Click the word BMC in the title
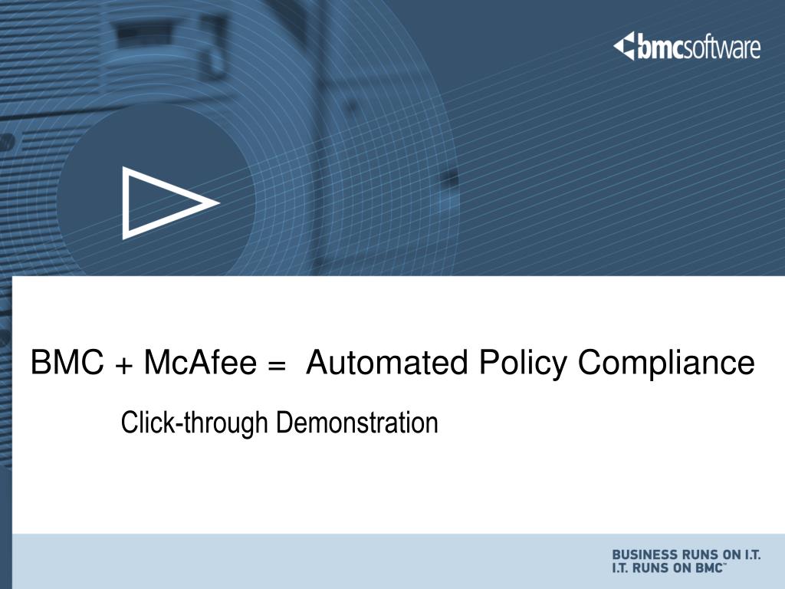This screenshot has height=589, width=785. click(67, 362)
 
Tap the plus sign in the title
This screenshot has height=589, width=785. click(123, 366)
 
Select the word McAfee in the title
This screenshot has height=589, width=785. click(200, 362)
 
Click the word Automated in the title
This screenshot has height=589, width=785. click(387, 362)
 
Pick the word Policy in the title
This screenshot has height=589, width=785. click(523, 364)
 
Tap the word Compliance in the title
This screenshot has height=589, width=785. click(666, 364)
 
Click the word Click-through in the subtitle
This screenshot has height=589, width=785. click(194, 423)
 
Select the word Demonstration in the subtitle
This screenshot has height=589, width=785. click(357, 423)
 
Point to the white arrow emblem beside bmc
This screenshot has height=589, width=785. click(624, 46)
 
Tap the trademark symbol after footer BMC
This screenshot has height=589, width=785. click(726, 564)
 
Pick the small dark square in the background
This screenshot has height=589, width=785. click(452, 179)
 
